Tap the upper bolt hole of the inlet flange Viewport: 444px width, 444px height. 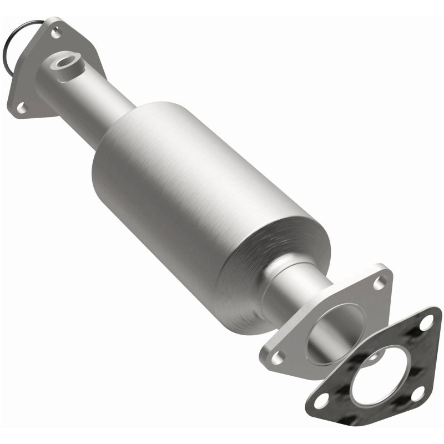(56, 33)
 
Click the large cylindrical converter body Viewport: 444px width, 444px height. (194, 194)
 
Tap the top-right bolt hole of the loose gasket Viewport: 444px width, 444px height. (426, 322)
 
